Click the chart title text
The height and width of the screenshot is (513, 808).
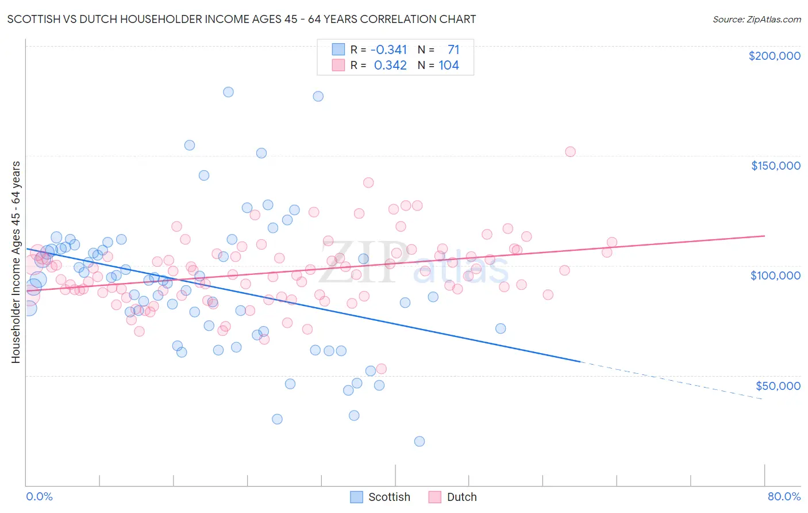point(241,19)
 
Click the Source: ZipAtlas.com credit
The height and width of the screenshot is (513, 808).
point(756,19)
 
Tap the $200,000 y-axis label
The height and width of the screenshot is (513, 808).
point(774,56)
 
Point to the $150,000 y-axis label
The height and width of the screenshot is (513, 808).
point(775,166)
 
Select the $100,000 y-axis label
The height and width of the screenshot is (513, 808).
point(775,275)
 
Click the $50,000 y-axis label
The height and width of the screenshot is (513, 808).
point(778,385)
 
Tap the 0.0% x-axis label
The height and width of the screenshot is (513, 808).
point(39,496)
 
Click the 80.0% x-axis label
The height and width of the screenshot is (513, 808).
point(784,496)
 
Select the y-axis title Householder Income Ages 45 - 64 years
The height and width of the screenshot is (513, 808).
point(16,262)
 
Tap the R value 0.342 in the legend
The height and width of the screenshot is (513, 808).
point(390,66)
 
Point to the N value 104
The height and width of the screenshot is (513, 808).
point(448,66)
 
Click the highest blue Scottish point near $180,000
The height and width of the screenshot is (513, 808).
point(228,92)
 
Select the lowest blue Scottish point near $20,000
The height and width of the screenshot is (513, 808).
point(420,441)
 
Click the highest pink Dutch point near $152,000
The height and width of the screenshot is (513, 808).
point(570,152)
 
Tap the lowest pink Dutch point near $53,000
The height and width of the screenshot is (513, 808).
point(381,369)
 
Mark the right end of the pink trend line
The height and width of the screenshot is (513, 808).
point(764,236)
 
